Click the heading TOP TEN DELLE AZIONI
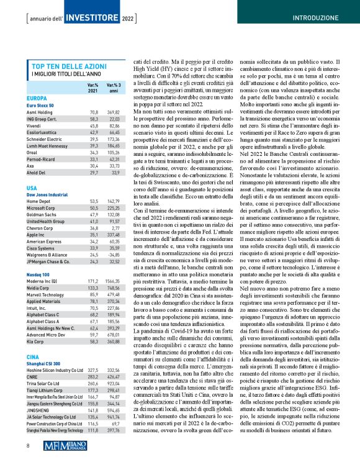tap(68, 66)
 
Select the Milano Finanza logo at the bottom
tap(179, 444)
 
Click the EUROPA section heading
tap(37, 98)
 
